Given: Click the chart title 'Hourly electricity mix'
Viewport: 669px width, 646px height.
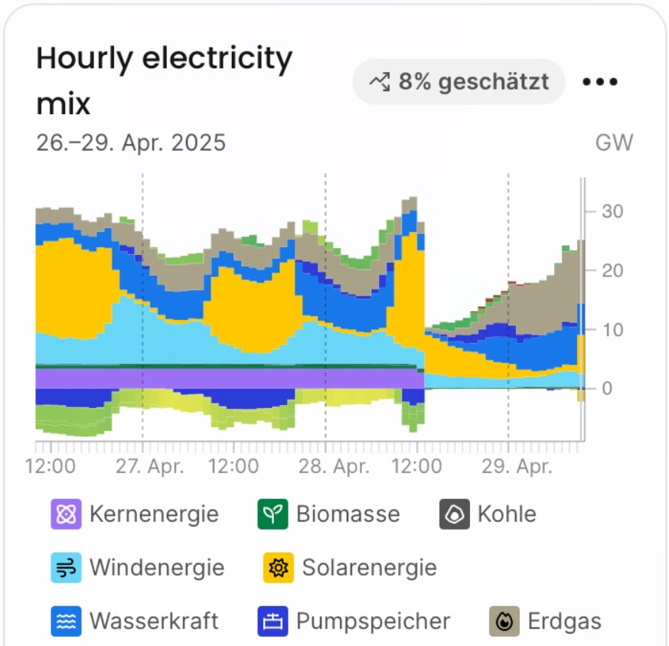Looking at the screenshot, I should pos(165,80).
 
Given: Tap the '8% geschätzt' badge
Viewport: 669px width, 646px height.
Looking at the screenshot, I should pos(459,81).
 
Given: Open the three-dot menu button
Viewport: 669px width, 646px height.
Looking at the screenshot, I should pos(600,82).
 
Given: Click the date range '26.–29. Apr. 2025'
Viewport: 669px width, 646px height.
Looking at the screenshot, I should pos(131,143).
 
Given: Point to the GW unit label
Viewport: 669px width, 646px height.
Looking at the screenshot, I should pos(614,143).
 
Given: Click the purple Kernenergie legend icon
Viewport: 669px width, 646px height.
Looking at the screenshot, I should pos(67,514).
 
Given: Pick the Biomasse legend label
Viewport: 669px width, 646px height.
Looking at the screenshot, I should pos(348,514).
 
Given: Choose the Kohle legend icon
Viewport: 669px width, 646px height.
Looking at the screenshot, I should pos(455,514).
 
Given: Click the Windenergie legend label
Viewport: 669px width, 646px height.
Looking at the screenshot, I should pos(157,568).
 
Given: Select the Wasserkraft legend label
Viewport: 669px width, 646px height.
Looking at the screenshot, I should pos(154,621).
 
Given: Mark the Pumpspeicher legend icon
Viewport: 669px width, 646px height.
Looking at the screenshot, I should pos(273,621).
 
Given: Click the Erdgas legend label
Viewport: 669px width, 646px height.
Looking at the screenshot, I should pos(565,621).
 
